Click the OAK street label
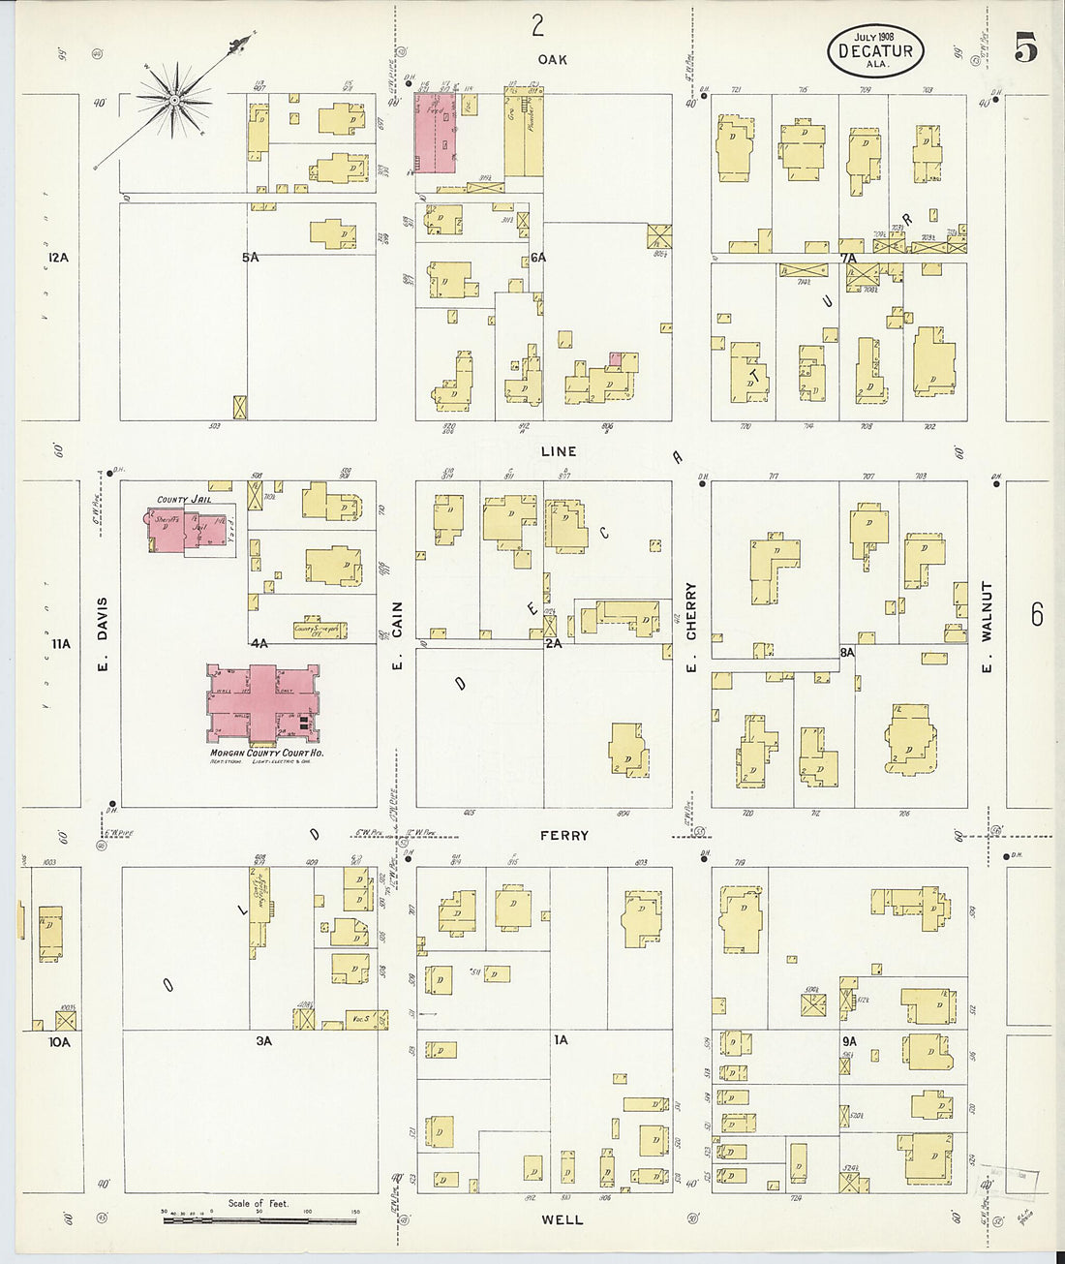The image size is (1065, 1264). pos(552,59)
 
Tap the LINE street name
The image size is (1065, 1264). pos(559,451)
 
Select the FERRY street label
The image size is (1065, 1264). pos(564,835)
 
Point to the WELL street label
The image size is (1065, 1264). pos(563,1219)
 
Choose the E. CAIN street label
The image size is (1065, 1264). pos(397,634)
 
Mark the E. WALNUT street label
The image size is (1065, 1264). pos(987,626)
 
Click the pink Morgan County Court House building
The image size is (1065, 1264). pos(262,704)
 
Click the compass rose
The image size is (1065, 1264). pos(174,99)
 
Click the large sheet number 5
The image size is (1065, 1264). pos(1026,46)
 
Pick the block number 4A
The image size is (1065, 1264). pos(259,642)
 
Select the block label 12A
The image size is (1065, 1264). pos(58,257)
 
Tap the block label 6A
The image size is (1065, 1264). pos(538,257)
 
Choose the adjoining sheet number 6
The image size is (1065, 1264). pos(1036,614)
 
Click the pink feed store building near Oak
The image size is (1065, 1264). pos(436,134)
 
